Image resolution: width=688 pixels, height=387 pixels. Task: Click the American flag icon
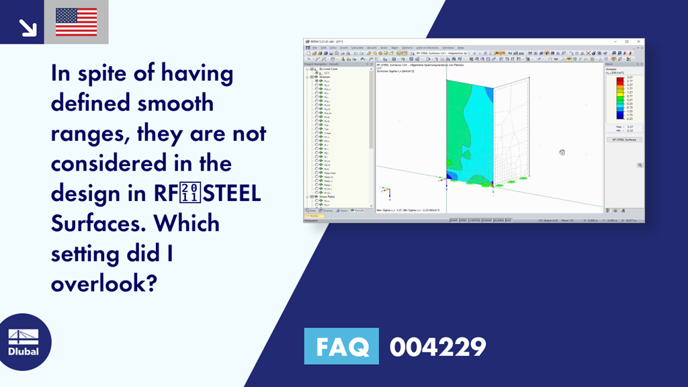pos(76,21)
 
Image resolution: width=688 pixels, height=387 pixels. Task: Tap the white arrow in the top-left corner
pos(27,27)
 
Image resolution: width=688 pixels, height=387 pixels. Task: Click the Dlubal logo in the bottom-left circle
pos(23,343)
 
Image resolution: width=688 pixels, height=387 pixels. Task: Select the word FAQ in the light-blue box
pos(341,347)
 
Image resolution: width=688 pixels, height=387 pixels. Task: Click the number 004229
pos(437,347)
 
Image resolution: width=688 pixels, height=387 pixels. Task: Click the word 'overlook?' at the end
pos(103,283)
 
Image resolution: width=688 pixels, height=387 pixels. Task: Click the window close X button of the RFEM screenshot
pos(639,42)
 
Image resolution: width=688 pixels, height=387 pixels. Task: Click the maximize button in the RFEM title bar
pos(627,42)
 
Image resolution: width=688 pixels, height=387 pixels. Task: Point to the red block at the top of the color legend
pos(620,79)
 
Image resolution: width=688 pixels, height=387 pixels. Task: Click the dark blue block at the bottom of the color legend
pos(620,118)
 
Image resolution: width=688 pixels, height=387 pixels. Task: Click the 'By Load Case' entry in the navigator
pos(329,69)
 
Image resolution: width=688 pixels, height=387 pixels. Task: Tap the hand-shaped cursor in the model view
pos(562,153)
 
